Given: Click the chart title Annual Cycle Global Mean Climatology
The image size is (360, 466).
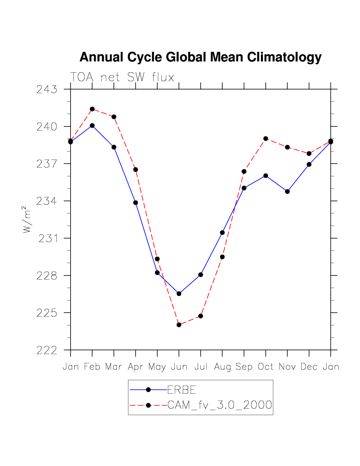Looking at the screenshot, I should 200,57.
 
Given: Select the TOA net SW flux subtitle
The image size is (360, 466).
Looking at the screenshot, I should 122,77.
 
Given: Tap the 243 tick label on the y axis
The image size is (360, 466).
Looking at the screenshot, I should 46,90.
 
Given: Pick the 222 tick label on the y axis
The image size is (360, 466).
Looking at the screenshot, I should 46,350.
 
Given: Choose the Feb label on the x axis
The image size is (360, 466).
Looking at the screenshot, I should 92,367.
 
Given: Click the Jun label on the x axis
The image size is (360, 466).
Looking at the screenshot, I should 179,367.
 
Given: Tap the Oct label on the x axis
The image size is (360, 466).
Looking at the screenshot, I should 266,367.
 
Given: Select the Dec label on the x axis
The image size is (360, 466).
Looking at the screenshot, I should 309,367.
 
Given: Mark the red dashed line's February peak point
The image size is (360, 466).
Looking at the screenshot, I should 92,109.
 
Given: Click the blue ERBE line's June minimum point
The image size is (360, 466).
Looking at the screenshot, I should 179,294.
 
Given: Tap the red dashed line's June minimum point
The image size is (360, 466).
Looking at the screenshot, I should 179,325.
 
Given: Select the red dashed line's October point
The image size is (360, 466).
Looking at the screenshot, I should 266,138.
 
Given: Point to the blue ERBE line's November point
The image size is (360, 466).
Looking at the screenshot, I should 287,191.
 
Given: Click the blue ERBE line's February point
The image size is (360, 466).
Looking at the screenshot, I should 92,126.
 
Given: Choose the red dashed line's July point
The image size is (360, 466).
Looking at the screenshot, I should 201,316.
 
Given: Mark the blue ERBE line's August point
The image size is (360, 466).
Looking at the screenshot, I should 223,232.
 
